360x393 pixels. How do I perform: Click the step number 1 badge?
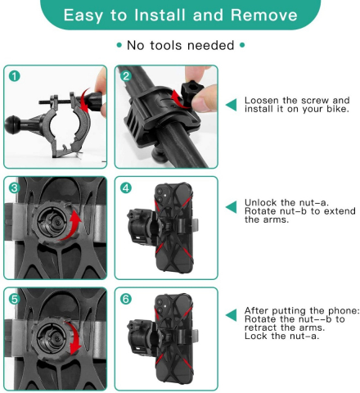tap(15, 76)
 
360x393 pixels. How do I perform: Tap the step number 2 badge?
tap(126, 76)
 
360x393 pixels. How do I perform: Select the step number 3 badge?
tap(15, 187)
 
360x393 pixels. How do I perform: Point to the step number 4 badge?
tap(126, 187)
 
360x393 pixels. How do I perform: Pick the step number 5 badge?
tap(15, 299)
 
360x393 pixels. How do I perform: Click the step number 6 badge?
tap(126, 299)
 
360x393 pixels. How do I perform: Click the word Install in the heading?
tap(160, 15)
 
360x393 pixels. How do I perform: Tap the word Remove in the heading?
tap(263, 15)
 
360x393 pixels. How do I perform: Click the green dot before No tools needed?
tap(119, 45)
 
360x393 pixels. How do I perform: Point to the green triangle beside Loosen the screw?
tap(232, 105)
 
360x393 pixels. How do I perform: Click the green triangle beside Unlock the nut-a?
tap(232, 207)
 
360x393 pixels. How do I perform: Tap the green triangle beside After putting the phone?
tap(232, 315)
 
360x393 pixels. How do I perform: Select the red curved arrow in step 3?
tap(72, 226)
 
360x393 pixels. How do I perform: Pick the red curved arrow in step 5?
tap(73, 338)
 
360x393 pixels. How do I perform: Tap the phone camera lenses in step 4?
tap(160, 196)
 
